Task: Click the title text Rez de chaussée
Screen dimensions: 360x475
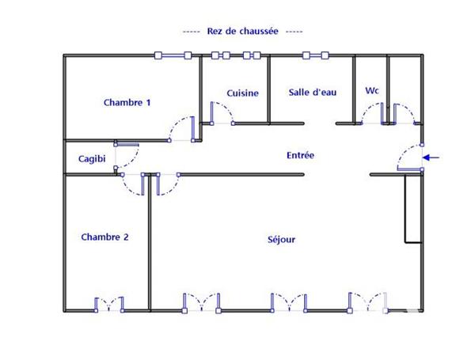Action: point(242,31)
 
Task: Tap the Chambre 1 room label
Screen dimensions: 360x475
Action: point(127,102)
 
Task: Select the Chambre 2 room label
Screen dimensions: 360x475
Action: point(104,237)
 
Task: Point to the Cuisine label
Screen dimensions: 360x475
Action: point(242,93)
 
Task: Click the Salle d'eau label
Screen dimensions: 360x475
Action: point(313,93)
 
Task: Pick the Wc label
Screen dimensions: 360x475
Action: point(371,91)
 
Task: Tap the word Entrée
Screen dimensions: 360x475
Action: point(300,156)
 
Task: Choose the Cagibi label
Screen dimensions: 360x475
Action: point(92,159)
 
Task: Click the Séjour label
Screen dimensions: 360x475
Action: point(281,239)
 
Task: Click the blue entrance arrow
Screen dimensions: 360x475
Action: point(431,157)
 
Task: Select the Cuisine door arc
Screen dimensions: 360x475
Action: point(222,113)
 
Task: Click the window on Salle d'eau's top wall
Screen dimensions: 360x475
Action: point(314,55)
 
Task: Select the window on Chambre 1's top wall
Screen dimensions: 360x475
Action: point(173,55)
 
